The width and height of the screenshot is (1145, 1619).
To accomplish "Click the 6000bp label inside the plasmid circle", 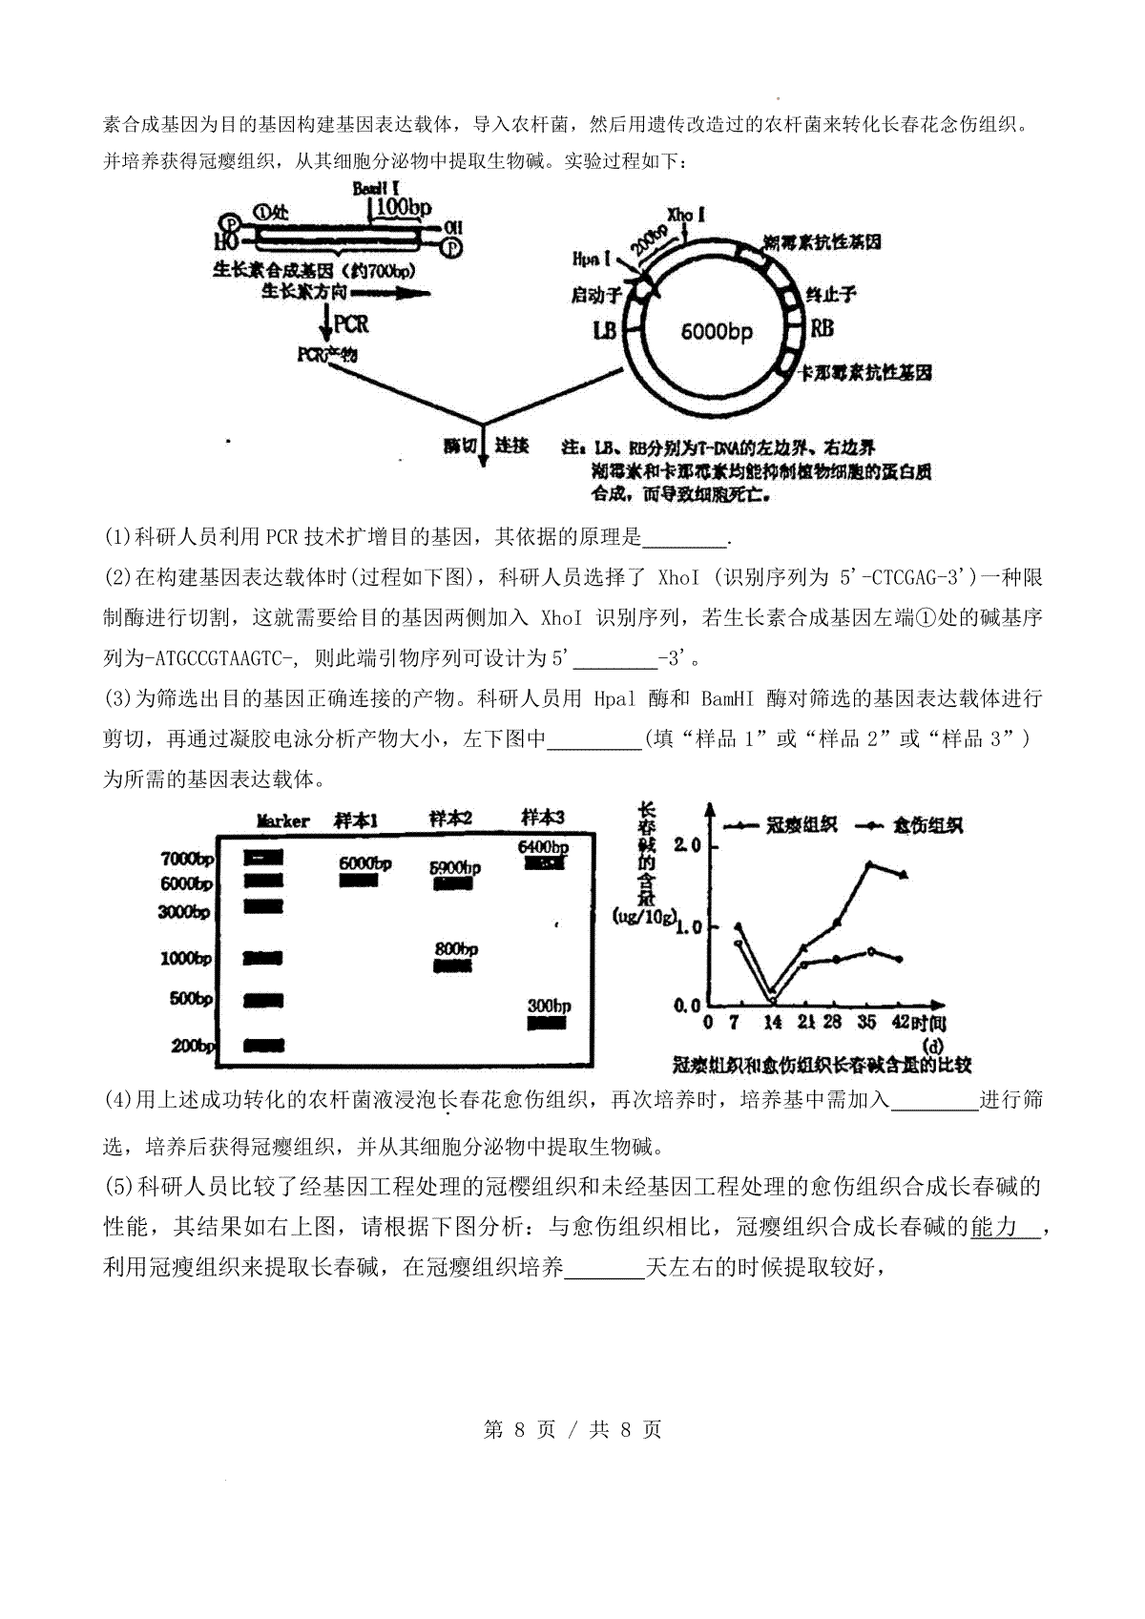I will click(717, 331).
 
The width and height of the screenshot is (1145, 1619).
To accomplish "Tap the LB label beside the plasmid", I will click(605, 331).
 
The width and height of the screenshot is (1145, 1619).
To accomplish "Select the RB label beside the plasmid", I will click(822, 329).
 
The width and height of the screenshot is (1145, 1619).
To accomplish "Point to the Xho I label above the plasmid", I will click(686, 214).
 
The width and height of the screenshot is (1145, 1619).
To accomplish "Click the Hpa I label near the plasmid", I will click(586, 259).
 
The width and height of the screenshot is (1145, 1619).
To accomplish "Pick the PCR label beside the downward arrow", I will click(351, 323).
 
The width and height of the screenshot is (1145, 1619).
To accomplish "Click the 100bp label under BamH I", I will click(406, 206).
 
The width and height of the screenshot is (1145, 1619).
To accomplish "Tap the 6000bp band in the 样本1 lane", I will click(359, 881).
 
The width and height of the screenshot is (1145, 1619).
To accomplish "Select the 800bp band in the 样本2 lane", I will click(453, 965).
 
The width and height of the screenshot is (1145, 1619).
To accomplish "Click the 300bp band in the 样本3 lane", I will click(547, 1023).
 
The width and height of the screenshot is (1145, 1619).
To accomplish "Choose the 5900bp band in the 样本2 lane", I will click(453, 884).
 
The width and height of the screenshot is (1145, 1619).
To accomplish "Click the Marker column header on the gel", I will click(283, 820).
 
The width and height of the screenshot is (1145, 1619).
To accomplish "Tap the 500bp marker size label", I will click(191, 999).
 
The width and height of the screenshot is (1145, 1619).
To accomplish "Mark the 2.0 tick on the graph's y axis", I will click(687, 844).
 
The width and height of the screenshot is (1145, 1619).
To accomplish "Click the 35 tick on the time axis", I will click(866, 1022).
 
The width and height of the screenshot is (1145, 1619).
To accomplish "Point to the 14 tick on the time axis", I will click(773, 1022).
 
